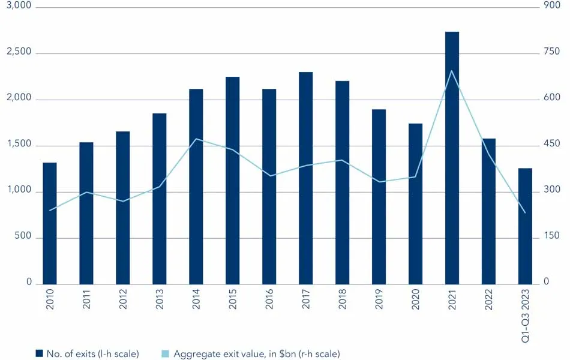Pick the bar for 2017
pyautogui.click(x=305, y=178)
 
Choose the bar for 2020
pyautogui.click(x=415, y=204)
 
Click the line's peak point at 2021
pyautogui.click(x=452, y=71)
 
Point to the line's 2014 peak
pyautogui.click(x=196, y=139)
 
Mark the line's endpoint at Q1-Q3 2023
pyautogui.click(x=525, y=212)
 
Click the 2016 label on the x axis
pyautogui.click(x=269, y=300)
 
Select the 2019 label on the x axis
pyautogui.click(x=379, y=300)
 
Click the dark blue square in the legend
pyautogui.click(x=39, y=354)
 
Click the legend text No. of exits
pyautogui.click(x=92, y=354)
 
